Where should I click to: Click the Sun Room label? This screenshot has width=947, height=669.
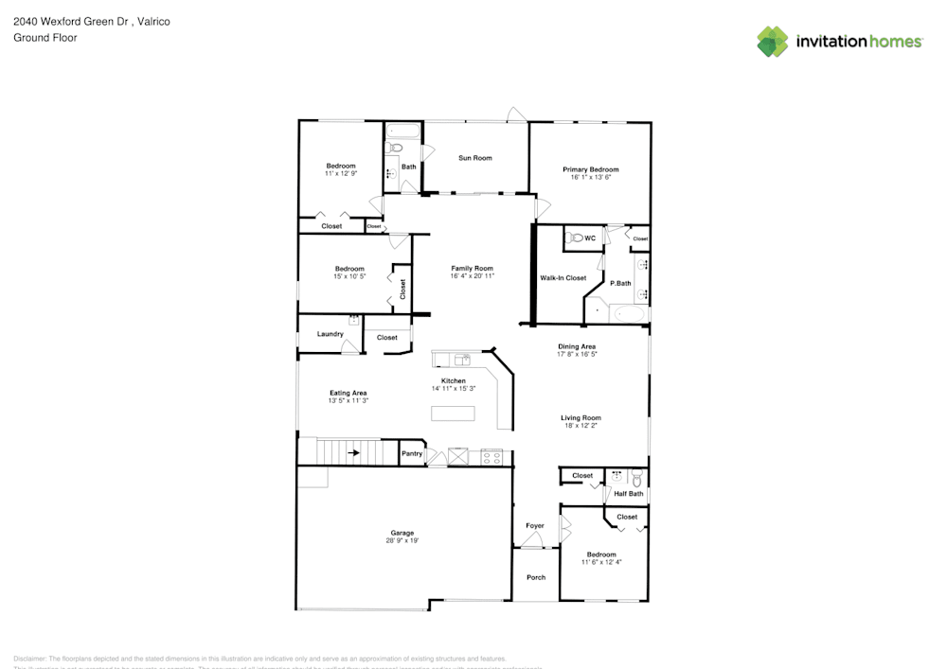click(474, 158)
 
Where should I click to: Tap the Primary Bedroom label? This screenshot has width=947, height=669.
click(590, 169)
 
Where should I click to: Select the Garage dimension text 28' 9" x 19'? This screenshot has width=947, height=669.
click(402, 541)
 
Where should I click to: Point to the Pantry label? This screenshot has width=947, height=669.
click(412, 454)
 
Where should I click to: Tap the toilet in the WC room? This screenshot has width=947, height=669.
click(574, 239)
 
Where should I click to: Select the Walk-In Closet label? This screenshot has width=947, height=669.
click(563, 278)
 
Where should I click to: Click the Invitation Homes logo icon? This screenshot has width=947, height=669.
click(772, 41)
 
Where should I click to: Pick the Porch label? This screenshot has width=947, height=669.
click(536, 577)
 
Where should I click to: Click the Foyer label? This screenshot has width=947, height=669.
click(535, 526)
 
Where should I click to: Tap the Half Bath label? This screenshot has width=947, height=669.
click(629, 493)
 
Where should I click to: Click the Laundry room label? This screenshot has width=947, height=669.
click(330, 334)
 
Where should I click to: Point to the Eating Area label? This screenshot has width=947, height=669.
click(348, 393)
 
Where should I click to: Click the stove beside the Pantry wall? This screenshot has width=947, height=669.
click(491, 457)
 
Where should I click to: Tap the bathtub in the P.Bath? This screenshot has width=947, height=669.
click(628, 312)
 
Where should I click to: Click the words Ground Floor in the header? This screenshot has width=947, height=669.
click(45, 38)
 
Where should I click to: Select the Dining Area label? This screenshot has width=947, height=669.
click(576, 346)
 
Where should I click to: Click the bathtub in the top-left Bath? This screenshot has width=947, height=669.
click(402, 131)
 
